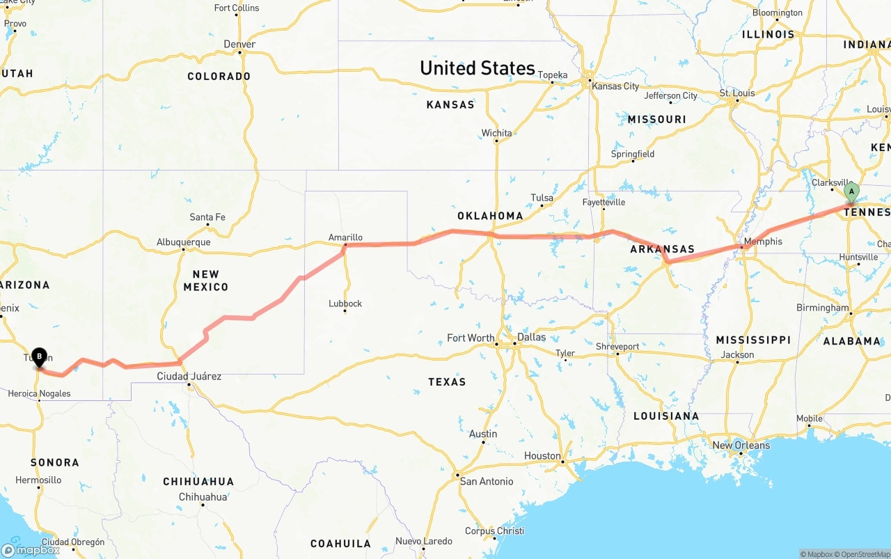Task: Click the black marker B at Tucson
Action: pos(39,356)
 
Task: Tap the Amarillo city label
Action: pos(345,237)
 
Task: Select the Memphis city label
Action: pos(763,242)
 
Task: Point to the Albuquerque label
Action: pos(183,242)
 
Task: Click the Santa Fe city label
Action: pos(207,217)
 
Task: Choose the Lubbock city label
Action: pos(345,304)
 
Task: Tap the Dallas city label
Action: pos(531,337)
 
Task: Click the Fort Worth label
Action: pos(471,338)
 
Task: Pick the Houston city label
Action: pos(542,456)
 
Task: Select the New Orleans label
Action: pos(741,446)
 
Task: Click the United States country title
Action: pos(478,68)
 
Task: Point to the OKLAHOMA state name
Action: pos(490,216)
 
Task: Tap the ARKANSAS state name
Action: pos(662,249)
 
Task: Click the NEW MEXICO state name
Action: pos(206,281)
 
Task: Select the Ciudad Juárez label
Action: pos(189,377)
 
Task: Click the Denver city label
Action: pos(239,45)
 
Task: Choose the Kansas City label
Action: pos(615,86)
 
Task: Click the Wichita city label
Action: pos(496,133)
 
